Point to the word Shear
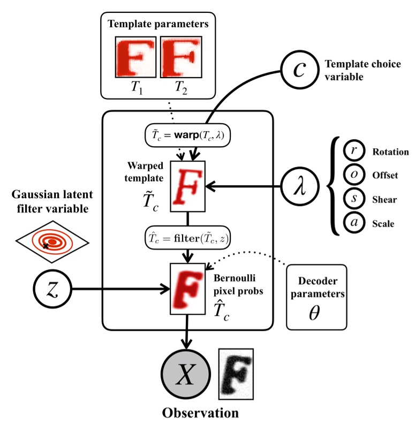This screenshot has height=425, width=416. (x=383, y=199)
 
